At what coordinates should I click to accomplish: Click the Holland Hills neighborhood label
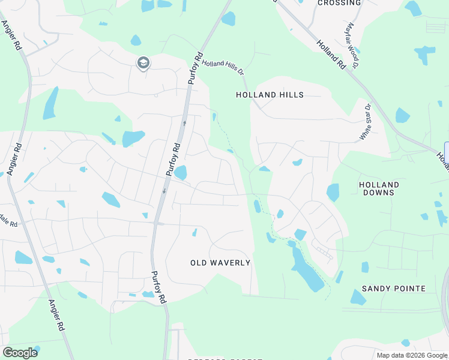[x=270, y=95]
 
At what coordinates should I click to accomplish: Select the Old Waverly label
[x=220, y=263]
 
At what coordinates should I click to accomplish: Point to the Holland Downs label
[x=379, y=188]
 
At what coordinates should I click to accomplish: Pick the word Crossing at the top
[x=339, y=3]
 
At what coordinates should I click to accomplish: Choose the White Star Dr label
[x=366, y=122]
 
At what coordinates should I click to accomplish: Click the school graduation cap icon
[x=143, y=62]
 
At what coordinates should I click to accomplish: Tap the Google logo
[x=20, y=353]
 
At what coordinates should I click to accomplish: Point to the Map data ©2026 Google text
[x=412, y=355]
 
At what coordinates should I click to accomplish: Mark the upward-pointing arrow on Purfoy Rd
[x=184, y=122]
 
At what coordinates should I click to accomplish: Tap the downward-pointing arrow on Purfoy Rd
[x=163, y=191]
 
